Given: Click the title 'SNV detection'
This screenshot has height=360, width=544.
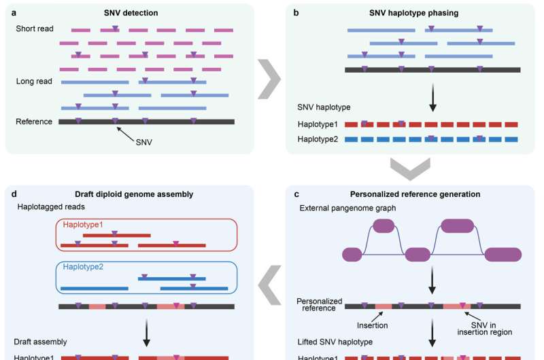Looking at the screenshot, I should (x=146, y=12).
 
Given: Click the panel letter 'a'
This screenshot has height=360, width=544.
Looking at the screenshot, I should (x=13, y=12).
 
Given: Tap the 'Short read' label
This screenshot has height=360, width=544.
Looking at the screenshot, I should (x=35, y=29).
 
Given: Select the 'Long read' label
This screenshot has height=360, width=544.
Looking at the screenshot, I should (x=34, y=81).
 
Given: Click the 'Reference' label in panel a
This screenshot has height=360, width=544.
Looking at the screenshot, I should (x=34, y=122).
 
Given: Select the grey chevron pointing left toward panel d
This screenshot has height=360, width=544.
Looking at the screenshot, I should (x=270, y=283).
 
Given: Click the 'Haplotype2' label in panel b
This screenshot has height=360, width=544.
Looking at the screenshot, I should (x=319, y=139).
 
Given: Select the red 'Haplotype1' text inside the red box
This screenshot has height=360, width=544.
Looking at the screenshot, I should (x=83, y=225).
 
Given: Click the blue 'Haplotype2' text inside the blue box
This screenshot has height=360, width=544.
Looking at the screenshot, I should (x=83, y=266).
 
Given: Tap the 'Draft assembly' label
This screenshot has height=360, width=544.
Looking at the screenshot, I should (x=43, y=342).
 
